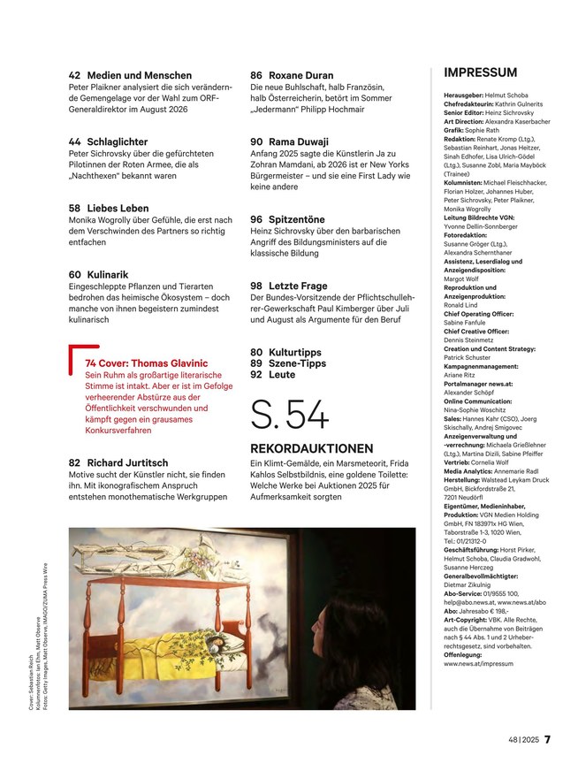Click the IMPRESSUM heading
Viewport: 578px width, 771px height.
480,73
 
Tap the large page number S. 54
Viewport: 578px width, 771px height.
290,416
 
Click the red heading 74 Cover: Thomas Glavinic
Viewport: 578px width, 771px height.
146,363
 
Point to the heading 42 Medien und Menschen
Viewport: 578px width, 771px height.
130,76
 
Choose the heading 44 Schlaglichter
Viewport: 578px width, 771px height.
108,141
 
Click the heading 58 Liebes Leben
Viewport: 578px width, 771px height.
109,209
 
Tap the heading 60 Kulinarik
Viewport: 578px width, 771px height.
99,275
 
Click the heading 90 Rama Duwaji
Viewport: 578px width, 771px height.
289,141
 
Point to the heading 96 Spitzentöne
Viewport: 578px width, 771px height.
286,219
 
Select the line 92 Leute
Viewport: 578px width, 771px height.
273,375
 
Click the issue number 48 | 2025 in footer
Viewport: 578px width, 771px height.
522,740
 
